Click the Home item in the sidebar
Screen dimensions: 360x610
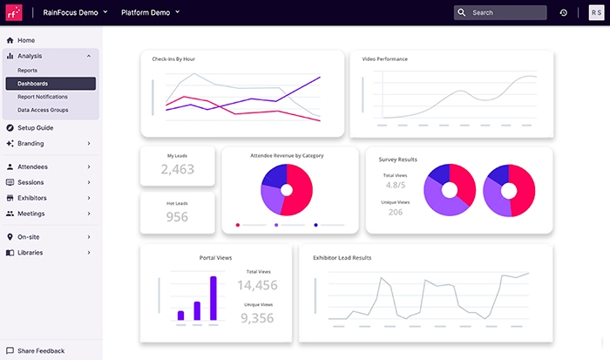point(26,40)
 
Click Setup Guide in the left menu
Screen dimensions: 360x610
point(35,127)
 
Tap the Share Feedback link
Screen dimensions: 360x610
point(40,350)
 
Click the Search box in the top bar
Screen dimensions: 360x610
point(500,13)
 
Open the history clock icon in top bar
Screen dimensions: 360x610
point(563,13)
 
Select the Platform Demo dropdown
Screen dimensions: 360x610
point(150,13)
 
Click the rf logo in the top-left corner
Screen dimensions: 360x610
point(15,13)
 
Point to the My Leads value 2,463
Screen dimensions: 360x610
point(178,169)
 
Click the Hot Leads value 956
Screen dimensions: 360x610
point(177,217)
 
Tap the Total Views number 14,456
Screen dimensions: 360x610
point(257,285)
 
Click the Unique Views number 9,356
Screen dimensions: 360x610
point(257,318)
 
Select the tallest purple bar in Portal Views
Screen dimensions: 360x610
point(213,298)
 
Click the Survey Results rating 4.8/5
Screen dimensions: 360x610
point(395,186)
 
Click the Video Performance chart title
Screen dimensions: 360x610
point(385,59)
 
